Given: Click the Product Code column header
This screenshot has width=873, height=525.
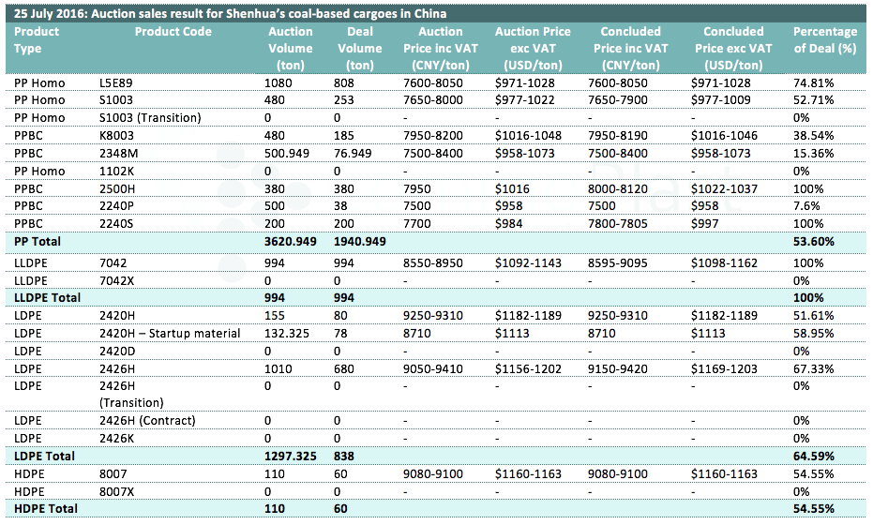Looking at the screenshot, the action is (173, 32).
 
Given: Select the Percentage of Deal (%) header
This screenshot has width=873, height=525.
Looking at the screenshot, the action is (825, 40).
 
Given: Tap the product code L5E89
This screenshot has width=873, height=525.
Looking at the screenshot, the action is (116, 83).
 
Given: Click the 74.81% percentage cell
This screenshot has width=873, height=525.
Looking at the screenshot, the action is (813, 83).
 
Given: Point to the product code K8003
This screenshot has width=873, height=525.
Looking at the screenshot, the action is (116, 136).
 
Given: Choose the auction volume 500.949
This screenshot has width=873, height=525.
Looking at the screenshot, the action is (287, 154).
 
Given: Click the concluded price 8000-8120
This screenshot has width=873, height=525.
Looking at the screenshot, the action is (617, 189).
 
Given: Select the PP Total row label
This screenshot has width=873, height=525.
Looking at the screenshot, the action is (38, 242).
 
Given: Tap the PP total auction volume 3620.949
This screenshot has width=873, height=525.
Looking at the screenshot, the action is (290, 242).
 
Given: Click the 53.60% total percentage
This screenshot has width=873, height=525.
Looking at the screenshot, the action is (813, 242).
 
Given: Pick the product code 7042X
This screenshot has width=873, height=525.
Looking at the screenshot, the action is (116, 281).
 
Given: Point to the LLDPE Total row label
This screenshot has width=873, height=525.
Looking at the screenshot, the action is (47, 298).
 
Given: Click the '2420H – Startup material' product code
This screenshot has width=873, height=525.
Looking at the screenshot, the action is (170, 334).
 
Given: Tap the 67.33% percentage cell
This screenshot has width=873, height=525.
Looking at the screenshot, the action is (813, 369).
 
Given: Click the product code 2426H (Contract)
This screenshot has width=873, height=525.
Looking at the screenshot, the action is (147, 421).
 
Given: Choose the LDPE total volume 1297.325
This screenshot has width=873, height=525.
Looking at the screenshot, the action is (290, 457).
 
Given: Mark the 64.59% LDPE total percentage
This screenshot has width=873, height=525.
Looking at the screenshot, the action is (813, 457).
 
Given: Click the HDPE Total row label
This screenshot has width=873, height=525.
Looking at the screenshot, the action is (46, 509).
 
